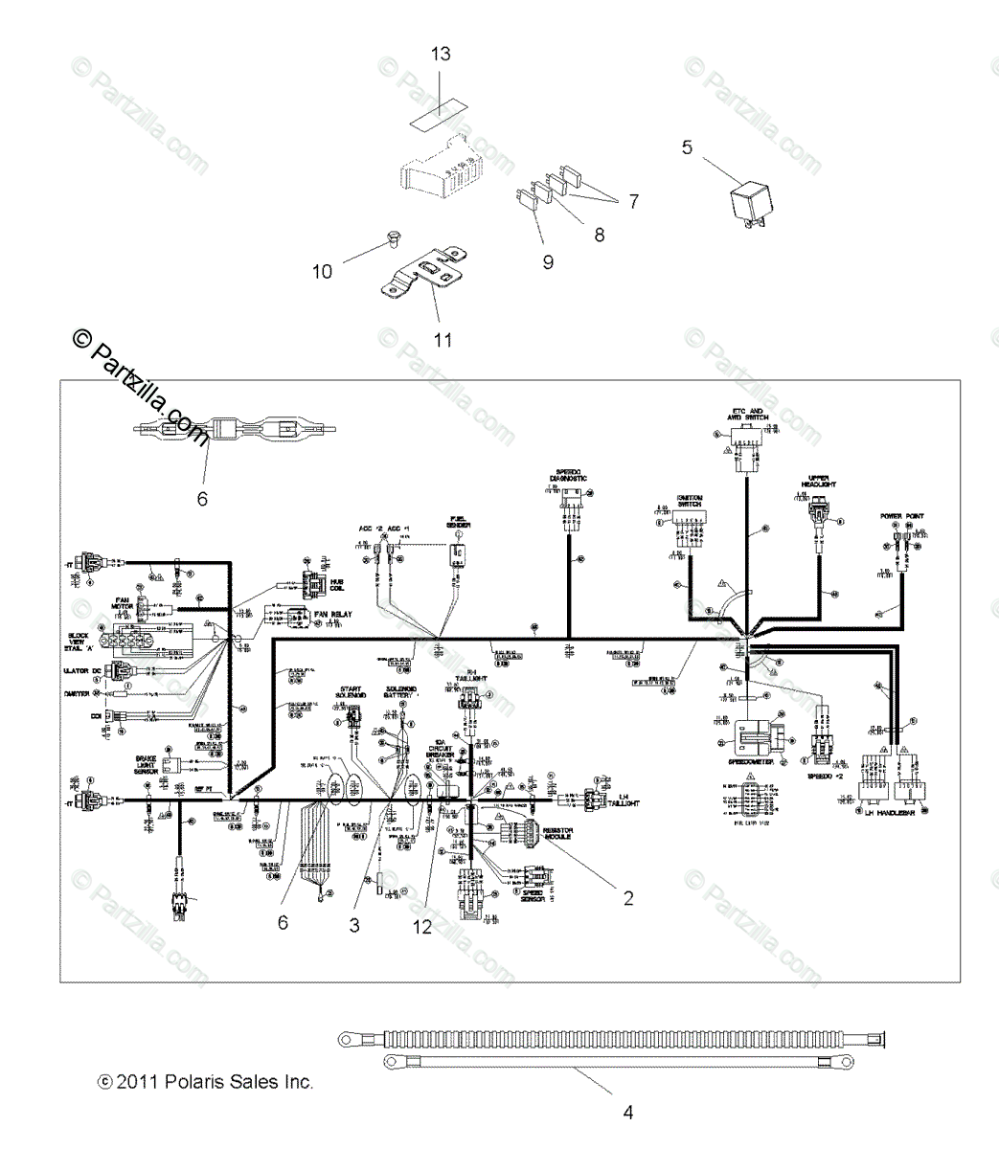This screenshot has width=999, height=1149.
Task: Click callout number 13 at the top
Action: [x=440, y=54]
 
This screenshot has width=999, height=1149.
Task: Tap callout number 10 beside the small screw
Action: [x=323, y=272]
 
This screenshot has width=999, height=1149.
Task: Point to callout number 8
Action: [x=600, y=235]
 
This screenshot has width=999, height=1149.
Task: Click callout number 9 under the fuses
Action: [x=548, y=261]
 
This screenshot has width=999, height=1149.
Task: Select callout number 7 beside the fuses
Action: [x=632, y=201]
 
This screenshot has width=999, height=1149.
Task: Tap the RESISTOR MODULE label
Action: [x=556, y=833]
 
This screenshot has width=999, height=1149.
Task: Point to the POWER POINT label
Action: [x=902, y=516]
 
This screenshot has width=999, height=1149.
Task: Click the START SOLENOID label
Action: [x=351, y=692]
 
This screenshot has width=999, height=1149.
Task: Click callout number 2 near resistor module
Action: [x=628, y=898]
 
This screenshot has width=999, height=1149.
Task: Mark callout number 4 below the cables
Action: [x=628, y=1113]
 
